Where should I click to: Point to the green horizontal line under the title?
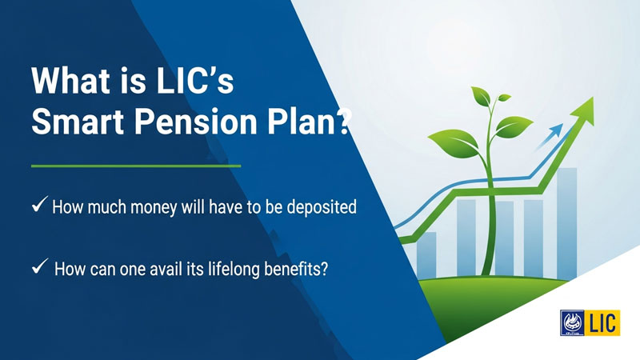coord(135,166)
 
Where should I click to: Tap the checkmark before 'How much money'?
coord(38,206)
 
